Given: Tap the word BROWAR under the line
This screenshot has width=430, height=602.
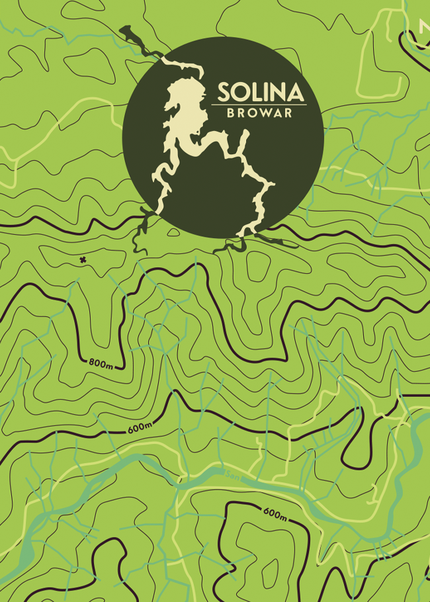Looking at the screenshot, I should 259,113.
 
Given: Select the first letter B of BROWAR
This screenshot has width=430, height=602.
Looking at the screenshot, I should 230,113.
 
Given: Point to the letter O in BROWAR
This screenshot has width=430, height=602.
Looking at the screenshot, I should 252,113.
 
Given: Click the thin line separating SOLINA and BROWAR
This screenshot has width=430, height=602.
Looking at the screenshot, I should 259,105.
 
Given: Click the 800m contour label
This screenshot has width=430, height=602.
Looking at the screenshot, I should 100,363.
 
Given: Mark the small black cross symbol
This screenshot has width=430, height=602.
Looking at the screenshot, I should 83,260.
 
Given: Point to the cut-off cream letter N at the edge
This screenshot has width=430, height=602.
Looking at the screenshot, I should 424,27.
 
